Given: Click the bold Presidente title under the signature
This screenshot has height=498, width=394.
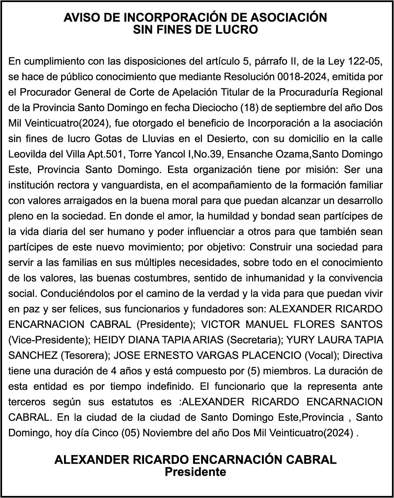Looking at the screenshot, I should (195, 472).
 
